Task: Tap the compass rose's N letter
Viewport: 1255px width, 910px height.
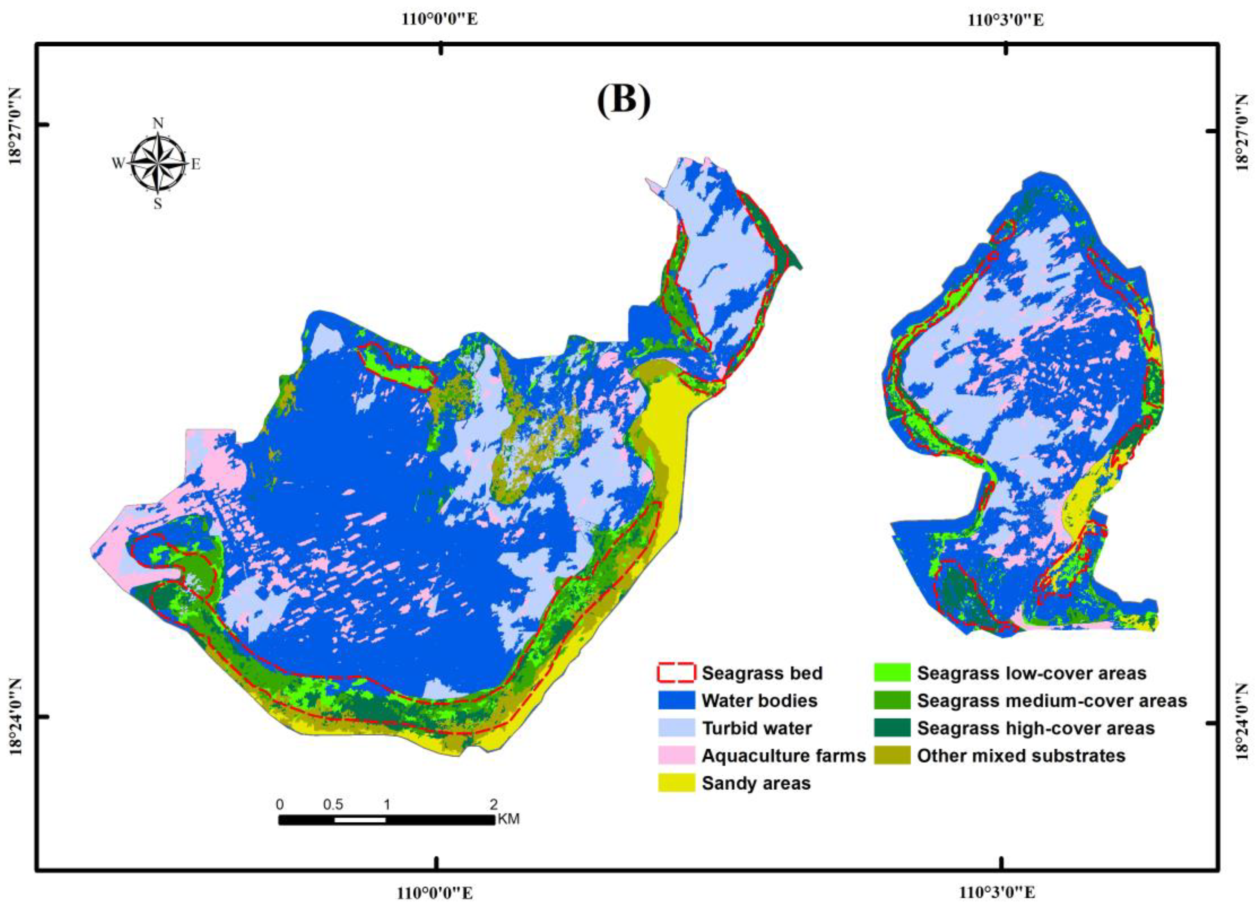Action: (158, 123)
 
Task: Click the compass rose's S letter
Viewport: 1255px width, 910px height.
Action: (158, 204)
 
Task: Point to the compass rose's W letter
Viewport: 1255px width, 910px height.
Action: (118, 163)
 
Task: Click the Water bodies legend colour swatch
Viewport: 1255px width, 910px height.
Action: (676, 700)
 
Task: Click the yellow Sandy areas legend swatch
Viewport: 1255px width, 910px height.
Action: (676, 783)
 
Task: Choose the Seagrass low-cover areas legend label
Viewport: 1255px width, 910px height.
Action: (1031, 673)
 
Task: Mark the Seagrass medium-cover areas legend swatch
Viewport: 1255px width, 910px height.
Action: (892, 700)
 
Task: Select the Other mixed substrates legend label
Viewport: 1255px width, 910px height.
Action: (1021, 756)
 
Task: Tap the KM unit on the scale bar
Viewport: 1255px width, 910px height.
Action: (509, 819)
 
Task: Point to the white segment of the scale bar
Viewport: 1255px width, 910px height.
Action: (360, 820)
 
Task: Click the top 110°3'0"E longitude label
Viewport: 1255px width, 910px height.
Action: (1006, 20)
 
